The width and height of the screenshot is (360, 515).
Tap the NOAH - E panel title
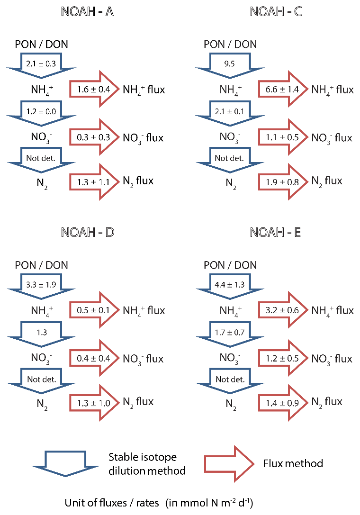pos(276,233)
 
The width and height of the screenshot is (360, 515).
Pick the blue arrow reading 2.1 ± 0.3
pos(41,63)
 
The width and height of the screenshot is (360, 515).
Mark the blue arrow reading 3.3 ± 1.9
pos(41,285)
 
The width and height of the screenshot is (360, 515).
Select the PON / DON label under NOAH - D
pos(42,265)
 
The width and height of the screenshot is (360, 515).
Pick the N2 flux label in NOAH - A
pos(138,181)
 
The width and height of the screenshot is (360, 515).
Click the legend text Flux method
pos(293,463)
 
